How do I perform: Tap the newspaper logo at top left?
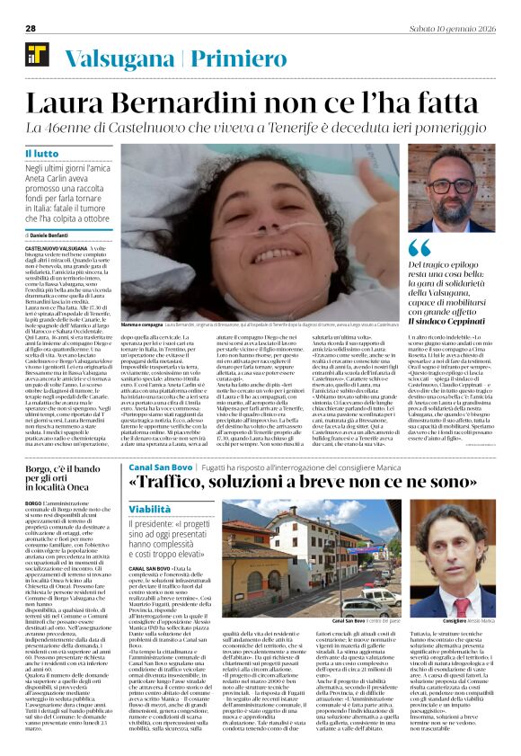coord(37,54)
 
